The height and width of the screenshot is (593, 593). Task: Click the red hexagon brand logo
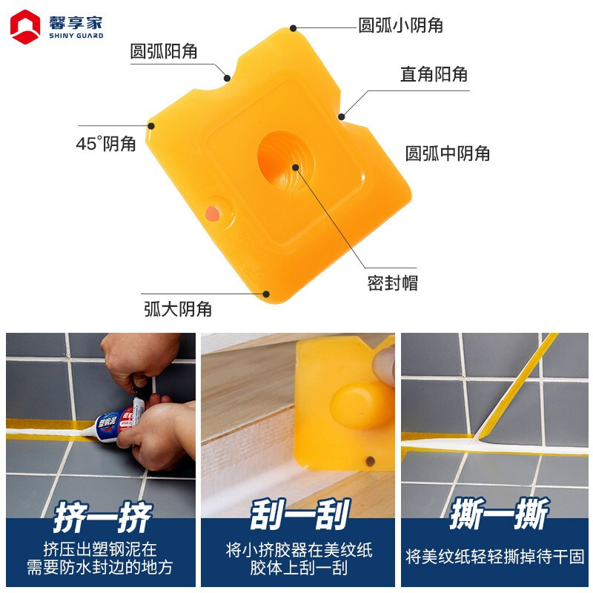click(25, 27)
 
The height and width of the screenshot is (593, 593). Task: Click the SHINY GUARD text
click(76, 36)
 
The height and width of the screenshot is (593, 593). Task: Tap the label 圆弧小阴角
click(400, 25)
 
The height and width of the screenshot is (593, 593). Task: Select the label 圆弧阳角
click(164, 51)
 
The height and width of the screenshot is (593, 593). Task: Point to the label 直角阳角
click(434, 73)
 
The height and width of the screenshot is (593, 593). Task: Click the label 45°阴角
click(106, 143)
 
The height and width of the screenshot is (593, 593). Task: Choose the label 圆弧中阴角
click(448, 153)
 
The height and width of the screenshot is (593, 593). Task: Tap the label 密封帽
click(393, 283)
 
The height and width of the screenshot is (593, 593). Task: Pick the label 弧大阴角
click(178, 309)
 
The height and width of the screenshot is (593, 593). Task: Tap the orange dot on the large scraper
click(213, 213)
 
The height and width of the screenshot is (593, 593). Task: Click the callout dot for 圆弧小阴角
click(293, 28)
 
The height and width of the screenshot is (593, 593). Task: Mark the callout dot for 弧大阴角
click(266, 294)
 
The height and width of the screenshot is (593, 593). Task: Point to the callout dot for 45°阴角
click(151, 125)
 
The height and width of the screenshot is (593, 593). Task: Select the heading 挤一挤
click(102, 517)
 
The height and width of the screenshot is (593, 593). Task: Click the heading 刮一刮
click(300, 514)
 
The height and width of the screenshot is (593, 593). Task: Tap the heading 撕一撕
click(498, 513)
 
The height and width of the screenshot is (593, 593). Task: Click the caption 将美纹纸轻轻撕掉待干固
click(494, 557)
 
